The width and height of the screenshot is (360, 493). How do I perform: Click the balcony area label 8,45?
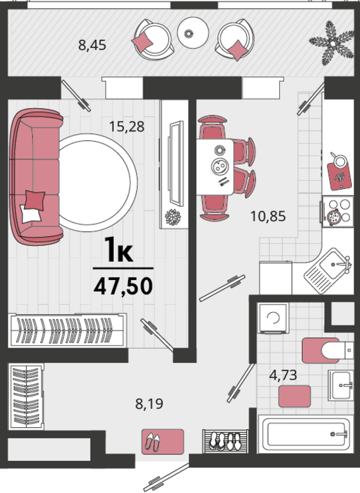(92, 46)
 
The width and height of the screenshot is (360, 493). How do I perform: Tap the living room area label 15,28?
(126, 126)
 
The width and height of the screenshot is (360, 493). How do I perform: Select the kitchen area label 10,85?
(268, 216)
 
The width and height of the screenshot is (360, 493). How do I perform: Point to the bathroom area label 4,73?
(283, 375)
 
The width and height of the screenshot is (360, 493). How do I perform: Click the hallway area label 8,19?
(149, 404)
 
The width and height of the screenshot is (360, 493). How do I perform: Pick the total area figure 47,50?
(123, 286)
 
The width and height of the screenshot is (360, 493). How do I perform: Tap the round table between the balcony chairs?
(193, 32)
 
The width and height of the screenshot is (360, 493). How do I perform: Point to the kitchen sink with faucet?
(328, 271)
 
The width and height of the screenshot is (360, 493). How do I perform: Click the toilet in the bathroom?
(327, 350)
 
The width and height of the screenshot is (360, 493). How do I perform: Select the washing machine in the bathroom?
(273, 317)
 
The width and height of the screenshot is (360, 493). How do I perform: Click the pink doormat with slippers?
(162, 441)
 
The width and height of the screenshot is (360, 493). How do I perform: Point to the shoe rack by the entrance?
(225, 441)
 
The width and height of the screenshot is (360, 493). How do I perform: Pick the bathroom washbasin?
(341, 385)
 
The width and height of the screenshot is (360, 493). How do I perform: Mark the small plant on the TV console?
(173, 217)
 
